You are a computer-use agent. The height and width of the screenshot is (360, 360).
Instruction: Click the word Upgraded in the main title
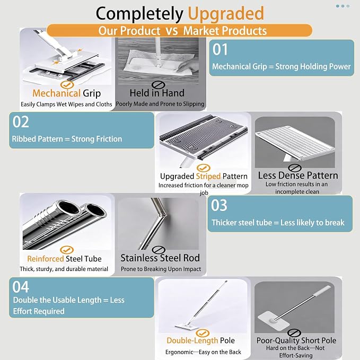click(x=226, y=14)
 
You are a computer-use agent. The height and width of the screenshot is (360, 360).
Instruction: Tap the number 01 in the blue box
click(x=220, y=49)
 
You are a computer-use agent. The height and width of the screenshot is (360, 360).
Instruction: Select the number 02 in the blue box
click(x=21, y=122)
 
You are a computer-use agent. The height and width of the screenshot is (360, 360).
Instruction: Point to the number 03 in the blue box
click(x=219, y=205)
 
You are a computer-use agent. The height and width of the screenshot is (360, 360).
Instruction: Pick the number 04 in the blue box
click(x=21, y=287)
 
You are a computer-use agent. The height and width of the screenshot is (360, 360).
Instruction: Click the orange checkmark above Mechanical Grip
click(x=67, y=85)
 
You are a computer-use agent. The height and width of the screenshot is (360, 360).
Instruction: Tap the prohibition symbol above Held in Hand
click(x=158, y=85)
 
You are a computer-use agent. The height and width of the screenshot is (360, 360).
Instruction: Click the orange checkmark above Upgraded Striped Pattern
click(x=204, y=168)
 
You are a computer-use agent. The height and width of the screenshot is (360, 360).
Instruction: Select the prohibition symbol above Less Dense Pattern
click(x=295, y=168)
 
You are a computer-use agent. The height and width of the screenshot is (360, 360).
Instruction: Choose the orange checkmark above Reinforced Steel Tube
click(x=67, y=250)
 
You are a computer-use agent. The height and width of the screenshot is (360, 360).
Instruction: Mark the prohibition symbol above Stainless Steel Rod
click(x=159, y=250)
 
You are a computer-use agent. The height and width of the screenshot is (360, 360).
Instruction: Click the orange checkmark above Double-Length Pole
click(x=203, y=333)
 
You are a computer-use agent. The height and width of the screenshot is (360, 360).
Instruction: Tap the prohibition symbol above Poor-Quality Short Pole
click(x=294, y=332)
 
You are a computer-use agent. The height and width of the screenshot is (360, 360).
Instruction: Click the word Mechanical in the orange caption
click(x=57, y=93)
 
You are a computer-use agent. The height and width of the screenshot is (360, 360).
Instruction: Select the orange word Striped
click(x=208, y=177)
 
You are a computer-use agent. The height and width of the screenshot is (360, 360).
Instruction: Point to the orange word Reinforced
click(x=46, y=259)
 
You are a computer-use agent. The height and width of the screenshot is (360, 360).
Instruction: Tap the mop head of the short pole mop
click(x=273, y=321)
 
